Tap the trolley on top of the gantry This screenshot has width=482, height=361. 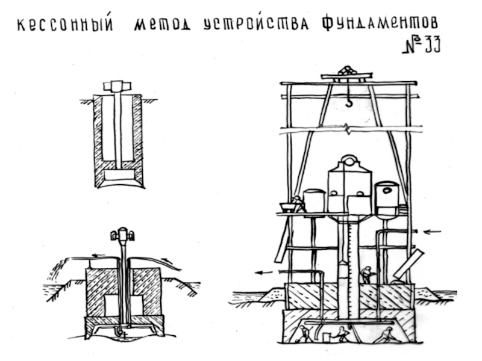coord(346,73)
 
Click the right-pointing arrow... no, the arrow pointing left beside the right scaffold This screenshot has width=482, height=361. coord(432,231)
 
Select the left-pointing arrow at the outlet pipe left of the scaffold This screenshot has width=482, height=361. coord(263,273)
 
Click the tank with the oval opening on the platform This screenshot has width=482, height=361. coord(386,196)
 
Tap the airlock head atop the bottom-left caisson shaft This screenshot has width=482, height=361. coord(123,234)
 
